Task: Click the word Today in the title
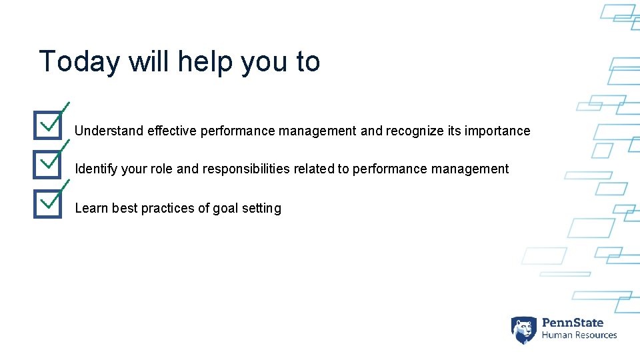(79, 62)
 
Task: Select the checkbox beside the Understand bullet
(48, 125)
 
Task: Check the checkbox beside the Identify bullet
(48, 163)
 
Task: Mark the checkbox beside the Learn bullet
(48, 203)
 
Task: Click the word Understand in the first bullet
(109, 131)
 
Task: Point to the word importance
(497, 131)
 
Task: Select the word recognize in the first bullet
(414, 131)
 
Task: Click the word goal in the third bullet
(225, 209)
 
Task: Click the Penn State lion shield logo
(523, 329)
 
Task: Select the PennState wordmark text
(573, 323)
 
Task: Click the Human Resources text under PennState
(579, 335)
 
